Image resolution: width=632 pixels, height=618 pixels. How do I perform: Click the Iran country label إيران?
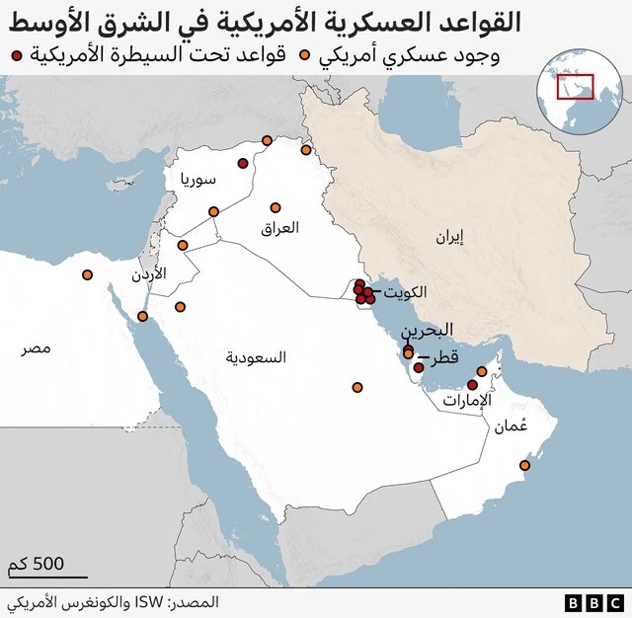447,237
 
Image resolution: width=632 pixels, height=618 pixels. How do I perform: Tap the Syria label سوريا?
197,180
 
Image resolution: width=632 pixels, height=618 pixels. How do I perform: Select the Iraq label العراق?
277,228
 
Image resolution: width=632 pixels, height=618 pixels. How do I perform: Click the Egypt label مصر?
38,348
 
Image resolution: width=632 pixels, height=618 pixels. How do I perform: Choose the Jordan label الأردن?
149,272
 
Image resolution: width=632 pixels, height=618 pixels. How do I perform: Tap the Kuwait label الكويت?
407,292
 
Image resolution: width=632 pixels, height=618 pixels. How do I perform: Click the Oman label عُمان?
511,426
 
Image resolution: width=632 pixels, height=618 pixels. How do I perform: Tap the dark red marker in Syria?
242,164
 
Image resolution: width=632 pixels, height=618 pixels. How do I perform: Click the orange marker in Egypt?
87,274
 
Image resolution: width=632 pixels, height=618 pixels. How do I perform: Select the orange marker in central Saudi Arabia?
357,387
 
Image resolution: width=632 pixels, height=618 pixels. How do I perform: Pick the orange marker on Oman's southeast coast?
525,465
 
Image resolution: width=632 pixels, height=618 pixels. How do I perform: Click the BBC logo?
593,601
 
